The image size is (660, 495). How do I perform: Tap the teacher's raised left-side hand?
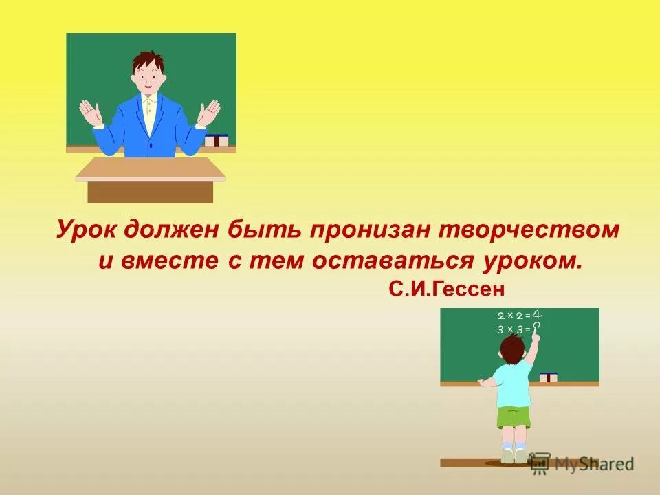[90, 113]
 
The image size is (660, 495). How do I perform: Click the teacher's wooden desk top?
[151, 169]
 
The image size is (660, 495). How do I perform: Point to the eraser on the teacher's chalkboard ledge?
[217, 140]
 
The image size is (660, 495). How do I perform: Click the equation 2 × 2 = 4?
[520, 316]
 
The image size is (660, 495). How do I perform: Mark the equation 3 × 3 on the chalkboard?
[514, 329]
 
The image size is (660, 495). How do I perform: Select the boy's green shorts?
[514, 417]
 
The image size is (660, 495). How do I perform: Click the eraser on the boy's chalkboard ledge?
[549, 377]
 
